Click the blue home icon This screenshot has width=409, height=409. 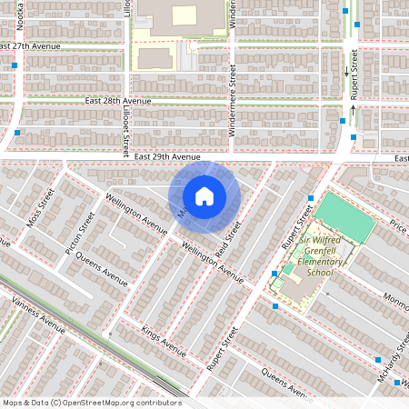point(204,195)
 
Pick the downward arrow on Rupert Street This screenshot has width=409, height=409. point(345,70)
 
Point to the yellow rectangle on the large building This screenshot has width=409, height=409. point(185,15)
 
